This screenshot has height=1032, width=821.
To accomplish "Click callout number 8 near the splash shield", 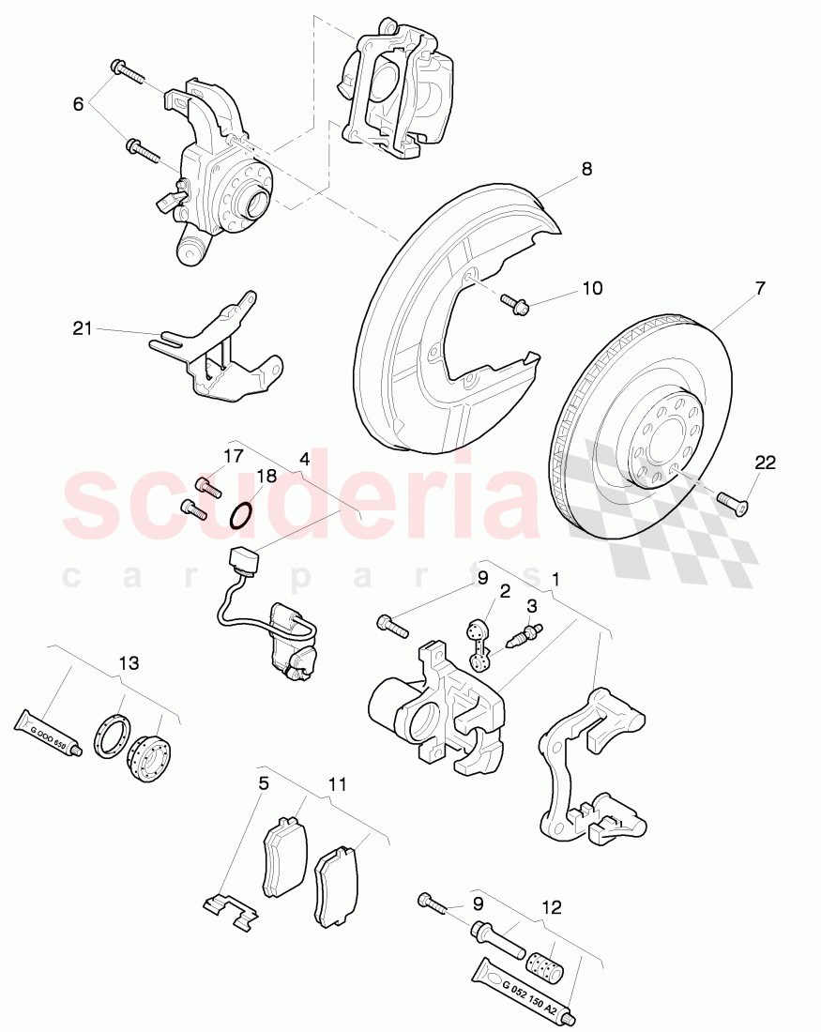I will click(x=586, y=170).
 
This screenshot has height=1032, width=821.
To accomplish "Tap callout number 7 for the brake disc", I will click(x=759, y=289).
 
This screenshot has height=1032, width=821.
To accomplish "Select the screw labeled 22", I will click(x=733, y=502).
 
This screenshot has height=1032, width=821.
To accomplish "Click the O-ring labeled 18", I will click(x=241, y=515).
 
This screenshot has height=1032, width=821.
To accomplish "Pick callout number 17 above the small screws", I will click(x=233, y=457).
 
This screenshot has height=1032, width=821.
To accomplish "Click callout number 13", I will click(x=129, y=663).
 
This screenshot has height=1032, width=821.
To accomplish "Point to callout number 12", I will click(x=553, y=907).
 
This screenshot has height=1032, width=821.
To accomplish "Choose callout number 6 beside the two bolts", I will click(x=78, y=104).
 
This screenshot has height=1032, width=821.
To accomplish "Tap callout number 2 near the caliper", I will click(x=504, y=591).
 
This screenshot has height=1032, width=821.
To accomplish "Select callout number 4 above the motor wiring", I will click(x=304, y=460).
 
